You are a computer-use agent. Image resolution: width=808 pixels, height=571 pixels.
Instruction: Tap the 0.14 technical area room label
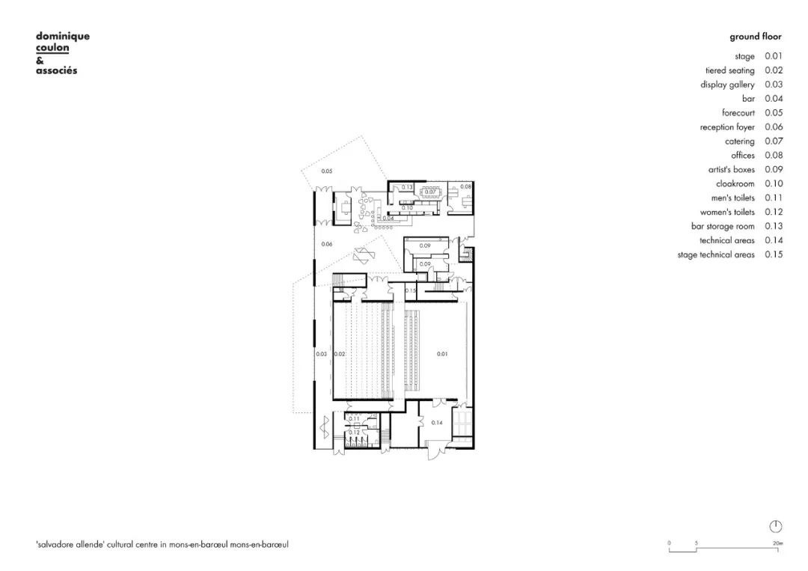click(438, 423)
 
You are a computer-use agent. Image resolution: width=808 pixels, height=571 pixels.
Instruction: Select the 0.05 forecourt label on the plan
click(326, 172)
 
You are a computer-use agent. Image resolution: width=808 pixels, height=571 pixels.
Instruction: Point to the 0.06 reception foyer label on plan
click(326, 245)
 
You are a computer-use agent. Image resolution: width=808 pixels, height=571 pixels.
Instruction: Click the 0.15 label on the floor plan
click(410, 290)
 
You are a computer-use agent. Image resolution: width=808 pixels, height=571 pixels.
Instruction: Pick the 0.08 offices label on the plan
click(465, 186)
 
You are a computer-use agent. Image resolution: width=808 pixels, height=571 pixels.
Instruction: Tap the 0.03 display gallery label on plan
click(321, 354)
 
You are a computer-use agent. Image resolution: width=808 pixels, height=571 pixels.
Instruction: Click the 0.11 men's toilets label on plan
click(355, 418)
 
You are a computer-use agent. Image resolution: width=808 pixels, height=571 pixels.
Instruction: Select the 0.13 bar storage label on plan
click(408, 186)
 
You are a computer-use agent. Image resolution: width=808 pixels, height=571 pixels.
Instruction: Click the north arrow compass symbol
click(775, 526)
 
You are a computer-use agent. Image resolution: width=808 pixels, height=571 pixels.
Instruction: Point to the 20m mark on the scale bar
click(777, 543)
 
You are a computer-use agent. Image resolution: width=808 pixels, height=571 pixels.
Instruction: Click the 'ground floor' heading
click(756, 36)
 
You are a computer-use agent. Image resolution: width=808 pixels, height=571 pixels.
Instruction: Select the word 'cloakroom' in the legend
click(735, 184)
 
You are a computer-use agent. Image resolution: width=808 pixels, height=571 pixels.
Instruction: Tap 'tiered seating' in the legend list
click(729, 70)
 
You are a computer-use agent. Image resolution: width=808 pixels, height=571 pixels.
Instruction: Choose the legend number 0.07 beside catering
click(774, 141)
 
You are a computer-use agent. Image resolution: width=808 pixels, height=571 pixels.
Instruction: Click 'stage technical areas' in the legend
click(716, 255)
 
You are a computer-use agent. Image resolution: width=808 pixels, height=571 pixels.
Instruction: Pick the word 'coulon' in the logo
click(52, 48)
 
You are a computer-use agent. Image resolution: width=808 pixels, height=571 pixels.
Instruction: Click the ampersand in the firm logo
click(40, 60)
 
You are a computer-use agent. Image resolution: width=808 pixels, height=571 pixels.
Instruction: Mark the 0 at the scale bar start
click(670, 543)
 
